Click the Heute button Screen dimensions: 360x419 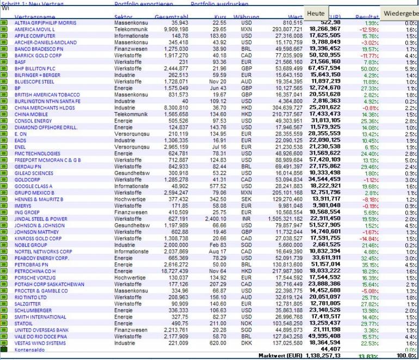[x=315, y=13]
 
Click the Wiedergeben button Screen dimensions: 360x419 [x=400, y=13]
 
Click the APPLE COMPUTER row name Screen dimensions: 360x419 [x=34, y=35]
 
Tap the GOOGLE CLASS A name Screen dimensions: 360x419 [x=33, y=186]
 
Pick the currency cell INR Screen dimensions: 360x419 [x=247, y=218]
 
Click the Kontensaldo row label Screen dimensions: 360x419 [x=30, y=349]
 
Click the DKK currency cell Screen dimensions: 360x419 [x=247, y=343]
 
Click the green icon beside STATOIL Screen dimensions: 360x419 [x=3, y=324]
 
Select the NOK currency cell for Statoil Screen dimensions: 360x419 [x=247, y=323]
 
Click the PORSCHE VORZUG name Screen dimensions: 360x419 [x=36, y=277]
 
